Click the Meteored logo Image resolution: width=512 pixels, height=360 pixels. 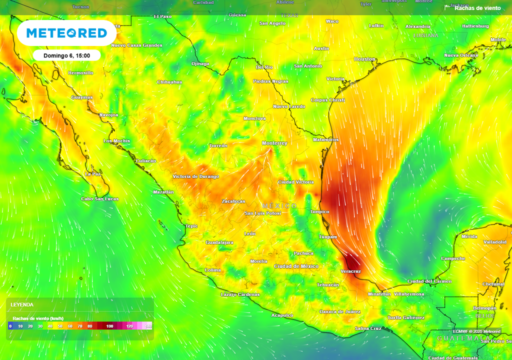[66, 33]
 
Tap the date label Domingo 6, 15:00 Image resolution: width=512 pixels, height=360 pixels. [66, 55]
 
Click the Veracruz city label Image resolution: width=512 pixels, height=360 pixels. [350, 271]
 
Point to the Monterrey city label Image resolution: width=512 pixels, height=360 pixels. [274, 143]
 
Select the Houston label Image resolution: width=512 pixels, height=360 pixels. [364, 59]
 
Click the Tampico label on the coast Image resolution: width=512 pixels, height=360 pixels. [319, 211]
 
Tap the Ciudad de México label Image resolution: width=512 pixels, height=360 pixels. [296, 266]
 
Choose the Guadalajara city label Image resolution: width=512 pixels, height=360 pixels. [219, 242]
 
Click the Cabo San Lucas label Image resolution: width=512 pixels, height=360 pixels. [100, 199]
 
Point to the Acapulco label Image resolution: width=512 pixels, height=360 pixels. [282, 315]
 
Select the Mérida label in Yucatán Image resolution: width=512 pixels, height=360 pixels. [469, 236]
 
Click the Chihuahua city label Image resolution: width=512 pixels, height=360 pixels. [169, 82]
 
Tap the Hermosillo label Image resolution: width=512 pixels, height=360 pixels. [80, 73]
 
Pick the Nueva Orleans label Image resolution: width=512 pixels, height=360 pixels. [461, 55]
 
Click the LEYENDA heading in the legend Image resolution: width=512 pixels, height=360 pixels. [22, 304]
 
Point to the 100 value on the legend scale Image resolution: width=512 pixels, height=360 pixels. [109, 326]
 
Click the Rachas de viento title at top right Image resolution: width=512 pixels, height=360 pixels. [477, 8]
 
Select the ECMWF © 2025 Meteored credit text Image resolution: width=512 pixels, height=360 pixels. [476, 331]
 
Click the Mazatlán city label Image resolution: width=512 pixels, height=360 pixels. [163, 192]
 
